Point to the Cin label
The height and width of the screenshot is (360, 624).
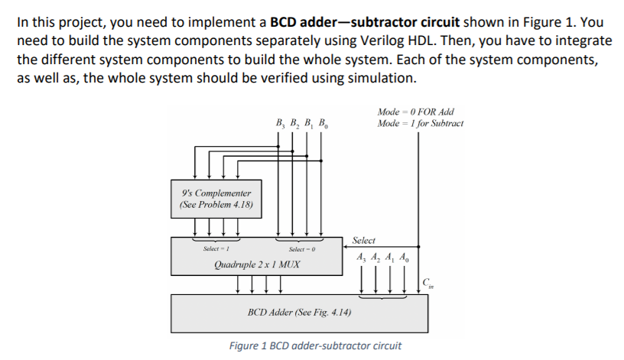428,284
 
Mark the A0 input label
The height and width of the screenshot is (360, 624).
408,258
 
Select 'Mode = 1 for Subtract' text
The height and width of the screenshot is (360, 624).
421,123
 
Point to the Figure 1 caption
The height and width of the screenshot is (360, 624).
315,345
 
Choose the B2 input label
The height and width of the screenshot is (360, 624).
295,122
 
